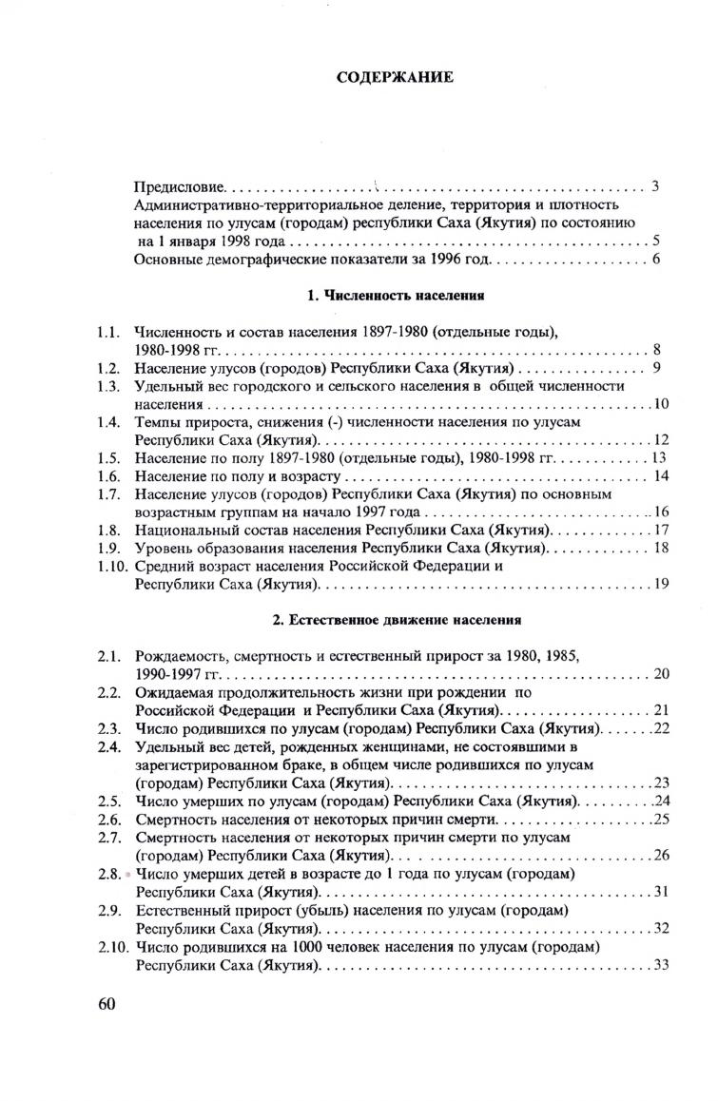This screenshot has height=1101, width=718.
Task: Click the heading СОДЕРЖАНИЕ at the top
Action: (x=396, y=77)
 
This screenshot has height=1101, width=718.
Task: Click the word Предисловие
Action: (x=179, y=186)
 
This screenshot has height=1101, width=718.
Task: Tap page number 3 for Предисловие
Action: (x=656, y=185)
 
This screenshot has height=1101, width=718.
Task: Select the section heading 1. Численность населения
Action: (x=397, y=296)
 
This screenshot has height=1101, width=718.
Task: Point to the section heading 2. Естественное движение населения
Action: (x=397, y=621)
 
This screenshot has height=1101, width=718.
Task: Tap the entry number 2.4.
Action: (x=107, y=746)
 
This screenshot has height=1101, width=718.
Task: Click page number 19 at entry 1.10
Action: (x=661, y=585)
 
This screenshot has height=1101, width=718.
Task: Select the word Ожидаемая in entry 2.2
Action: (x=175, y=692)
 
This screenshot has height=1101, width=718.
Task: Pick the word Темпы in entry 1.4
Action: (x=158, y=421)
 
